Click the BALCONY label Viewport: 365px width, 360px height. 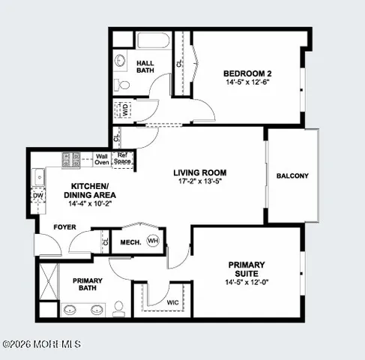tap(292, 175)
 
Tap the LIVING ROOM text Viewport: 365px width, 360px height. tap(199, 172)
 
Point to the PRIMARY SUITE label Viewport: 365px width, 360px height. tap(248, 269)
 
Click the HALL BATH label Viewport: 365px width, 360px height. tap(145, 67)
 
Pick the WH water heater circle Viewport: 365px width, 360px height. tap(153, 241)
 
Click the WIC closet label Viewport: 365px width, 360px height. tap(172, 303)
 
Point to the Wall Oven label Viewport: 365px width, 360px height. tap(102, 159)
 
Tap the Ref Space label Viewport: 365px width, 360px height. tap(123, 158)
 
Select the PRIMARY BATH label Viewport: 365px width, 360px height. tap(87, 285)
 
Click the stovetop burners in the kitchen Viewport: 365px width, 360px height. tap(72, 159)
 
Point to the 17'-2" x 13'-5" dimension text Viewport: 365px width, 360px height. tap(199, 181)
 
